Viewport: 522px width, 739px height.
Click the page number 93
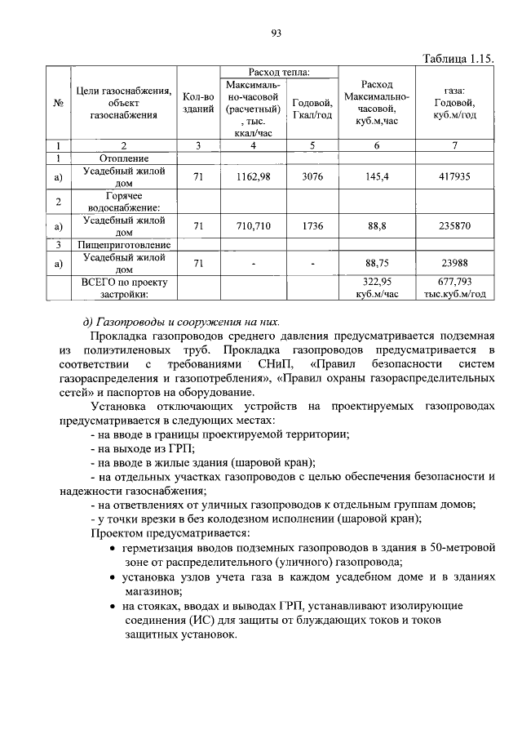[276, 33]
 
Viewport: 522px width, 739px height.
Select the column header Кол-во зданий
[198, 102]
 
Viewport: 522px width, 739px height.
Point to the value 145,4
[376, 176]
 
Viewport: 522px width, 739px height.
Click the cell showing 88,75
[376, 262]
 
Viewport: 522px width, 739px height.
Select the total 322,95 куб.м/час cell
[376, 287]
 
